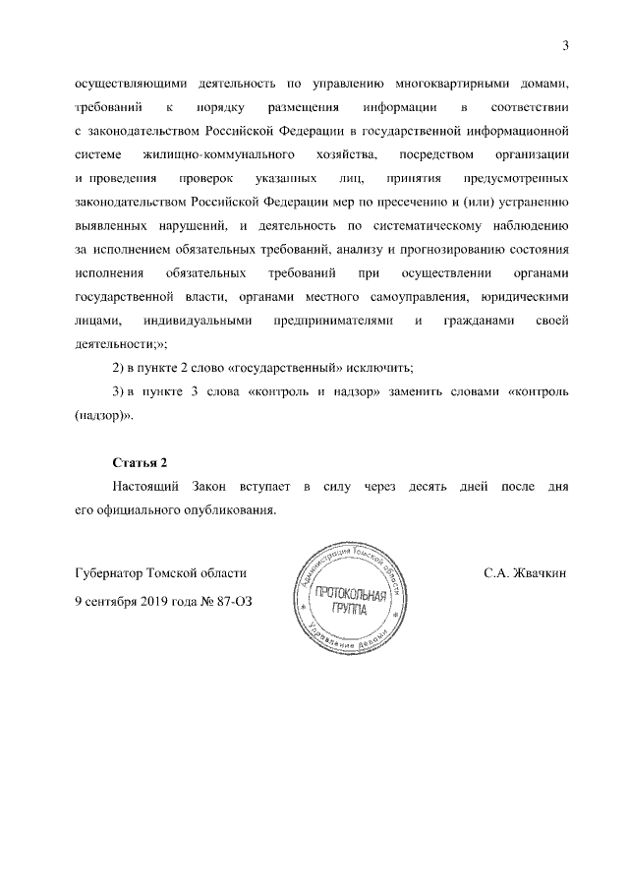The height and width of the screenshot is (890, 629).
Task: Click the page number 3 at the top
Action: point(565,42)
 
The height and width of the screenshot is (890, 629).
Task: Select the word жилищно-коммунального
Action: point(220,154)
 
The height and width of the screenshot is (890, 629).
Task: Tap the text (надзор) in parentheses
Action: point(102,415)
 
